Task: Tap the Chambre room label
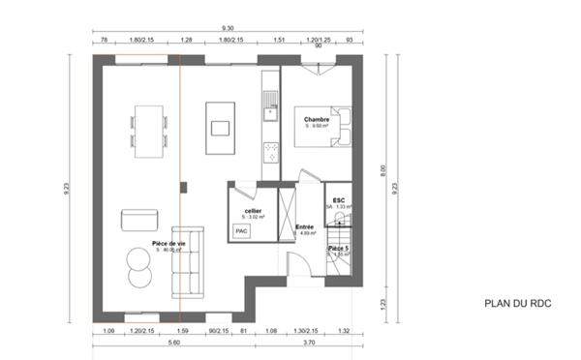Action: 303,120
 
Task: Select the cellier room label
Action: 252,210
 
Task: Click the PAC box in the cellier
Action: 241,230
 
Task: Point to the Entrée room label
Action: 304,227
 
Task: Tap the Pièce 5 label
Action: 339,249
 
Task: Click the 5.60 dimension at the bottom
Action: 174,343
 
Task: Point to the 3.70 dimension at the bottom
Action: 308,343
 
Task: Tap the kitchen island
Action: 219,127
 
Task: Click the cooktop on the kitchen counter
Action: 270,150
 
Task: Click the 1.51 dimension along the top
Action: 279,41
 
